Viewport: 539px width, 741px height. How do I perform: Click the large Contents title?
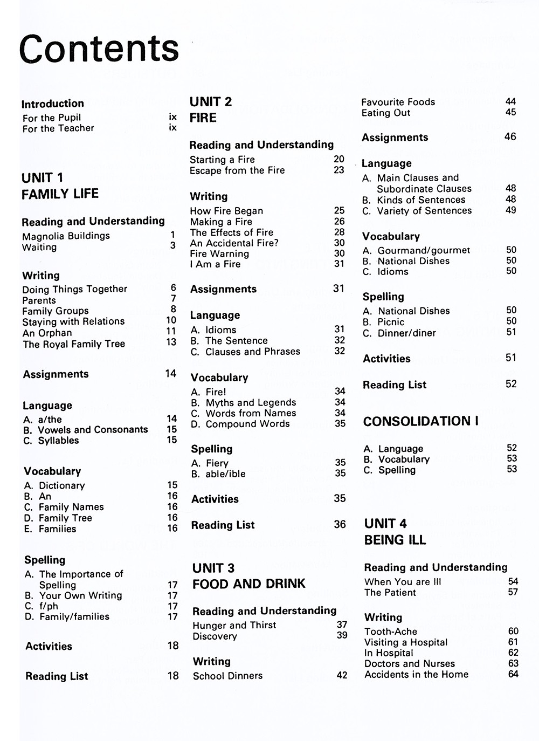coord(99,49)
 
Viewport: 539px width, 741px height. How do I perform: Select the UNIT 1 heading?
coord(43,177)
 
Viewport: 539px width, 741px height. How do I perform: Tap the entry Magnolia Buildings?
coord(66,236)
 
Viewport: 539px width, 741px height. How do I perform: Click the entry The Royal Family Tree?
coord(74,344)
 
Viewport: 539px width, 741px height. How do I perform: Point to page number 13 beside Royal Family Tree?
coord(171,342)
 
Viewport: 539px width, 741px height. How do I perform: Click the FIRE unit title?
coord(203,118)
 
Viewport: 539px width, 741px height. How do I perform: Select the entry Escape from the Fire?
coord(237,170)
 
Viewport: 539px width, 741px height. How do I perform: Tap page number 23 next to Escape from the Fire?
coord(339,170)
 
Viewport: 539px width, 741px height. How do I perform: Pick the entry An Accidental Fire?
coord(234,243)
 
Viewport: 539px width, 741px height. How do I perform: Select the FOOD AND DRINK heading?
coord(249,584)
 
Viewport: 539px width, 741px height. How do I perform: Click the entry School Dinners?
coord(228,676)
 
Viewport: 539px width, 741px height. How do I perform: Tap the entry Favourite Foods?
coord(398,102)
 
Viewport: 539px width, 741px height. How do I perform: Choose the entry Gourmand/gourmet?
coord(424,250)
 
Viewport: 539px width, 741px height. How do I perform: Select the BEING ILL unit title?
coord(395,540)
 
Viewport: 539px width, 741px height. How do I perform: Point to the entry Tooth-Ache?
coord(391,632)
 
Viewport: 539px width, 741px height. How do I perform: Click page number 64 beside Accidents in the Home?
coord(513,674)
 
